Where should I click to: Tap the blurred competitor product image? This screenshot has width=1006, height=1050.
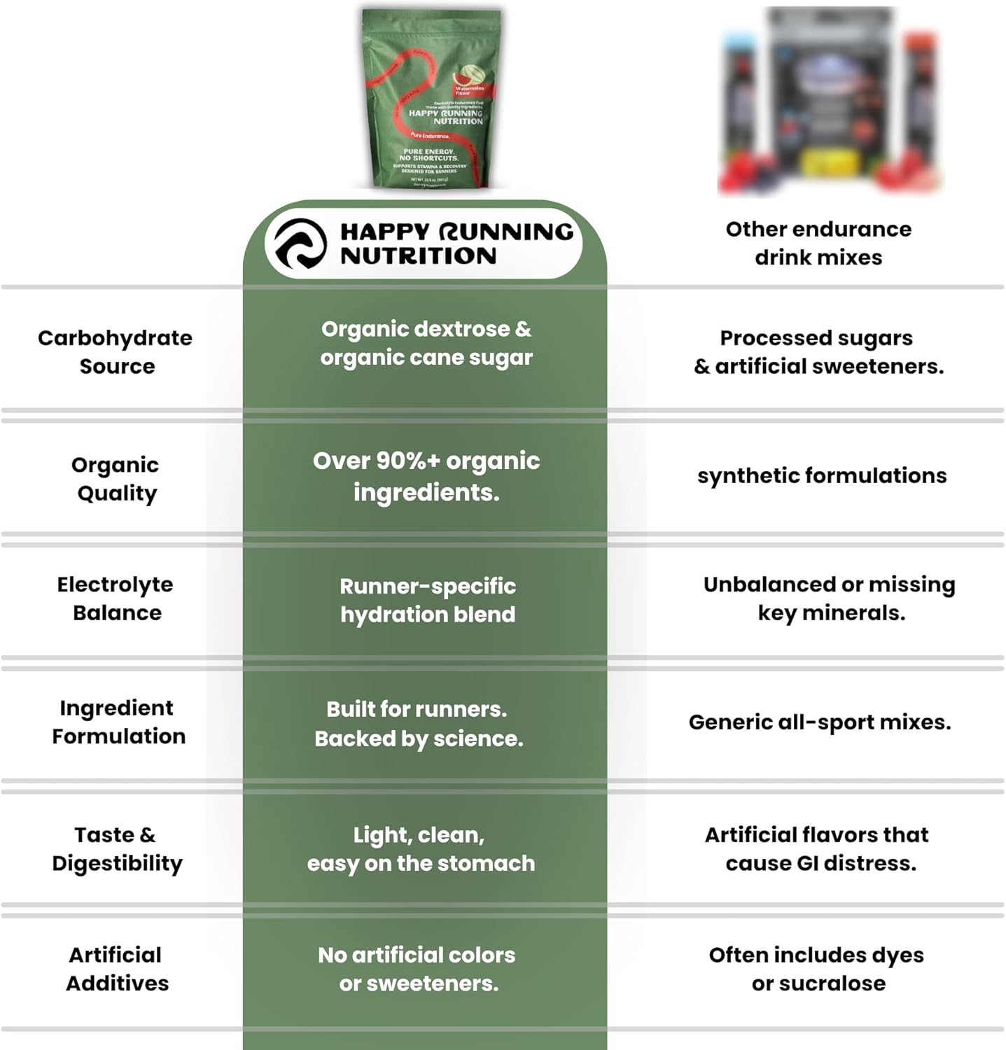830,101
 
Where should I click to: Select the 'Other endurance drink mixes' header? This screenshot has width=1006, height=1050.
818,243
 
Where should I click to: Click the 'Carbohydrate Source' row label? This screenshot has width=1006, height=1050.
116,351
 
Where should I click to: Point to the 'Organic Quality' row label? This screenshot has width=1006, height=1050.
116,479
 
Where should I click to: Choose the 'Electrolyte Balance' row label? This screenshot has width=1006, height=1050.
116,598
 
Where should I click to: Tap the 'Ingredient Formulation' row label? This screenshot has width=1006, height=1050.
118,722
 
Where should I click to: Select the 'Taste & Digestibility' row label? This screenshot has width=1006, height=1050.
116,848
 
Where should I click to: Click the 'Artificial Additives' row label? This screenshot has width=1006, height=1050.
116,969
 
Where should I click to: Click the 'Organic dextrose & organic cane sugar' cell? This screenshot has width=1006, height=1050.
426,343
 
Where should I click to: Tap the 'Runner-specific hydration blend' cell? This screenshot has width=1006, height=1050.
427,600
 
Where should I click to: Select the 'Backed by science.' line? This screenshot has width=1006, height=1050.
419,738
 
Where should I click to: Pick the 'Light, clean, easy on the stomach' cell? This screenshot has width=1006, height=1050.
420,849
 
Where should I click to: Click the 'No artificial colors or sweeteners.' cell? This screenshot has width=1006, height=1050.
417,969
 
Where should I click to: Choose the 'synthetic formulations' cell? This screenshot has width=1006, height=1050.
821,476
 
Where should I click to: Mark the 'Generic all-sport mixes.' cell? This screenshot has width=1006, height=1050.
820,722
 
